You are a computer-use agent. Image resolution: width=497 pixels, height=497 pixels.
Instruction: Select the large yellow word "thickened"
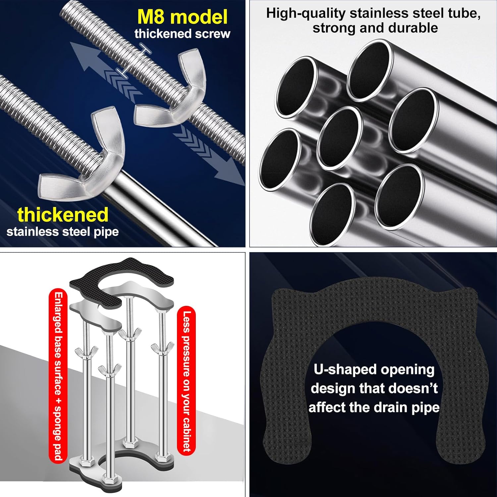(x=63, y=215)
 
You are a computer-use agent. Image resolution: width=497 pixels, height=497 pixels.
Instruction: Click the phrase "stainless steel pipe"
(x=63, y=232)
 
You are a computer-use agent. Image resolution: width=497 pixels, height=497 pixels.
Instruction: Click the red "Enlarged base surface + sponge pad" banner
(x=58, y=376)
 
